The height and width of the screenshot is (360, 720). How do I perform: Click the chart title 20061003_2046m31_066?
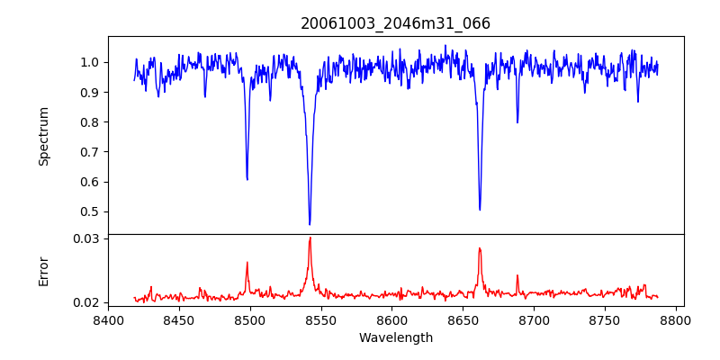coord(395,23)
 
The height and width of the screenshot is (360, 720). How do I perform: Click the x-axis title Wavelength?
coord(395,337)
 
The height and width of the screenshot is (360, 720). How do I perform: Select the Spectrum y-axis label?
coord(44,136)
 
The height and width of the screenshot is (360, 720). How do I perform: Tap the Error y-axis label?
coord(44,271)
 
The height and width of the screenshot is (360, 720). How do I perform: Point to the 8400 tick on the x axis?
coord(108,319)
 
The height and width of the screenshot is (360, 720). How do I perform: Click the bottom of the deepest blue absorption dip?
coord(310,224)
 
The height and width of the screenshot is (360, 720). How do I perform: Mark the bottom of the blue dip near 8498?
coord(247,179)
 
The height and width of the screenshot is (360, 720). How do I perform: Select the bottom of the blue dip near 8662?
coord(480,210)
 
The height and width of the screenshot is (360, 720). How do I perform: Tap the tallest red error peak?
coord(310,238)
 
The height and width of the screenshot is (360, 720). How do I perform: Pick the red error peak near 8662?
coord(480,248)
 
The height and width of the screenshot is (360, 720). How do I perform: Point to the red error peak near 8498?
coord(247,263)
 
